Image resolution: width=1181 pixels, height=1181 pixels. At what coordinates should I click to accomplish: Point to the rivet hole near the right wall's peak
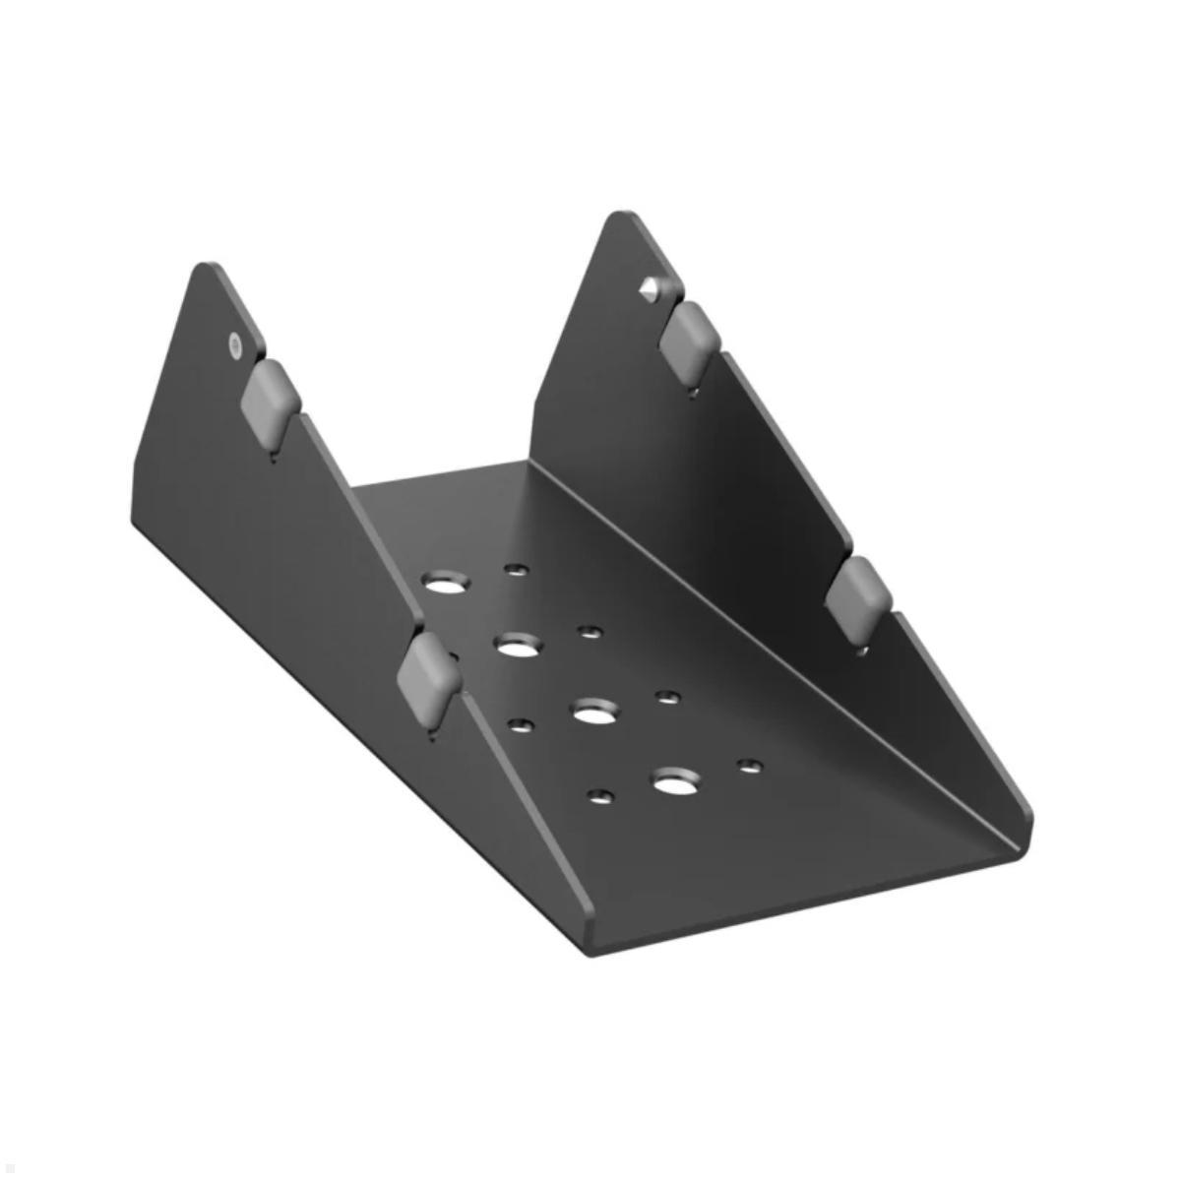(x=650, y=288)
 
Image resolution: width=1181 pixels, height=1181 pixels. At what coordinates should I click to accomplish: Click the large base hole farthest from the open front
(x=446, y=582)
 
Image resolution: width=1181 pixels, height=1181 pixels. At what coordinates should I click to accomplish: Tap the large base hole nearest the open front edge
(x=673, y=783)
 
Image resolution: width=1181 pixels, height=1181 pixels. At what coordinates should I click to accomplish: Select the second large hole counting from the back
(x=519, y=646)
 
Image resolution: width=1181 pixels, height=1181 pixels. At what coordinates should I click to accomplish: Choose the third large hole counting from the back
(x=592, y=712)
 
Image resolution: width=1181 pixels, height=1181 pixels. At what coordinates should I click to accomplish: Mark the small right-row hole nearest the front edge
(x=750, y=764)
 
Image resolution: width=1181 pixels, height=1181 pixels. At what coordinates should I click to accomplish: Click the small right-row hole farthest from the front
(x=515, y=569)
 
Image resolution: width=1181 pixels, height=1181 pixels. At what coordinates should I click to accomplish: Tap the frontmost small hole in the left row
(x=598, y=795)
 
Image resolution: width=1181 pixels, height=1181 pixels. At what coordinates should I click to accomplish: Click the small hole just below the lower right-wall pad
(x=862, y=650)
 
